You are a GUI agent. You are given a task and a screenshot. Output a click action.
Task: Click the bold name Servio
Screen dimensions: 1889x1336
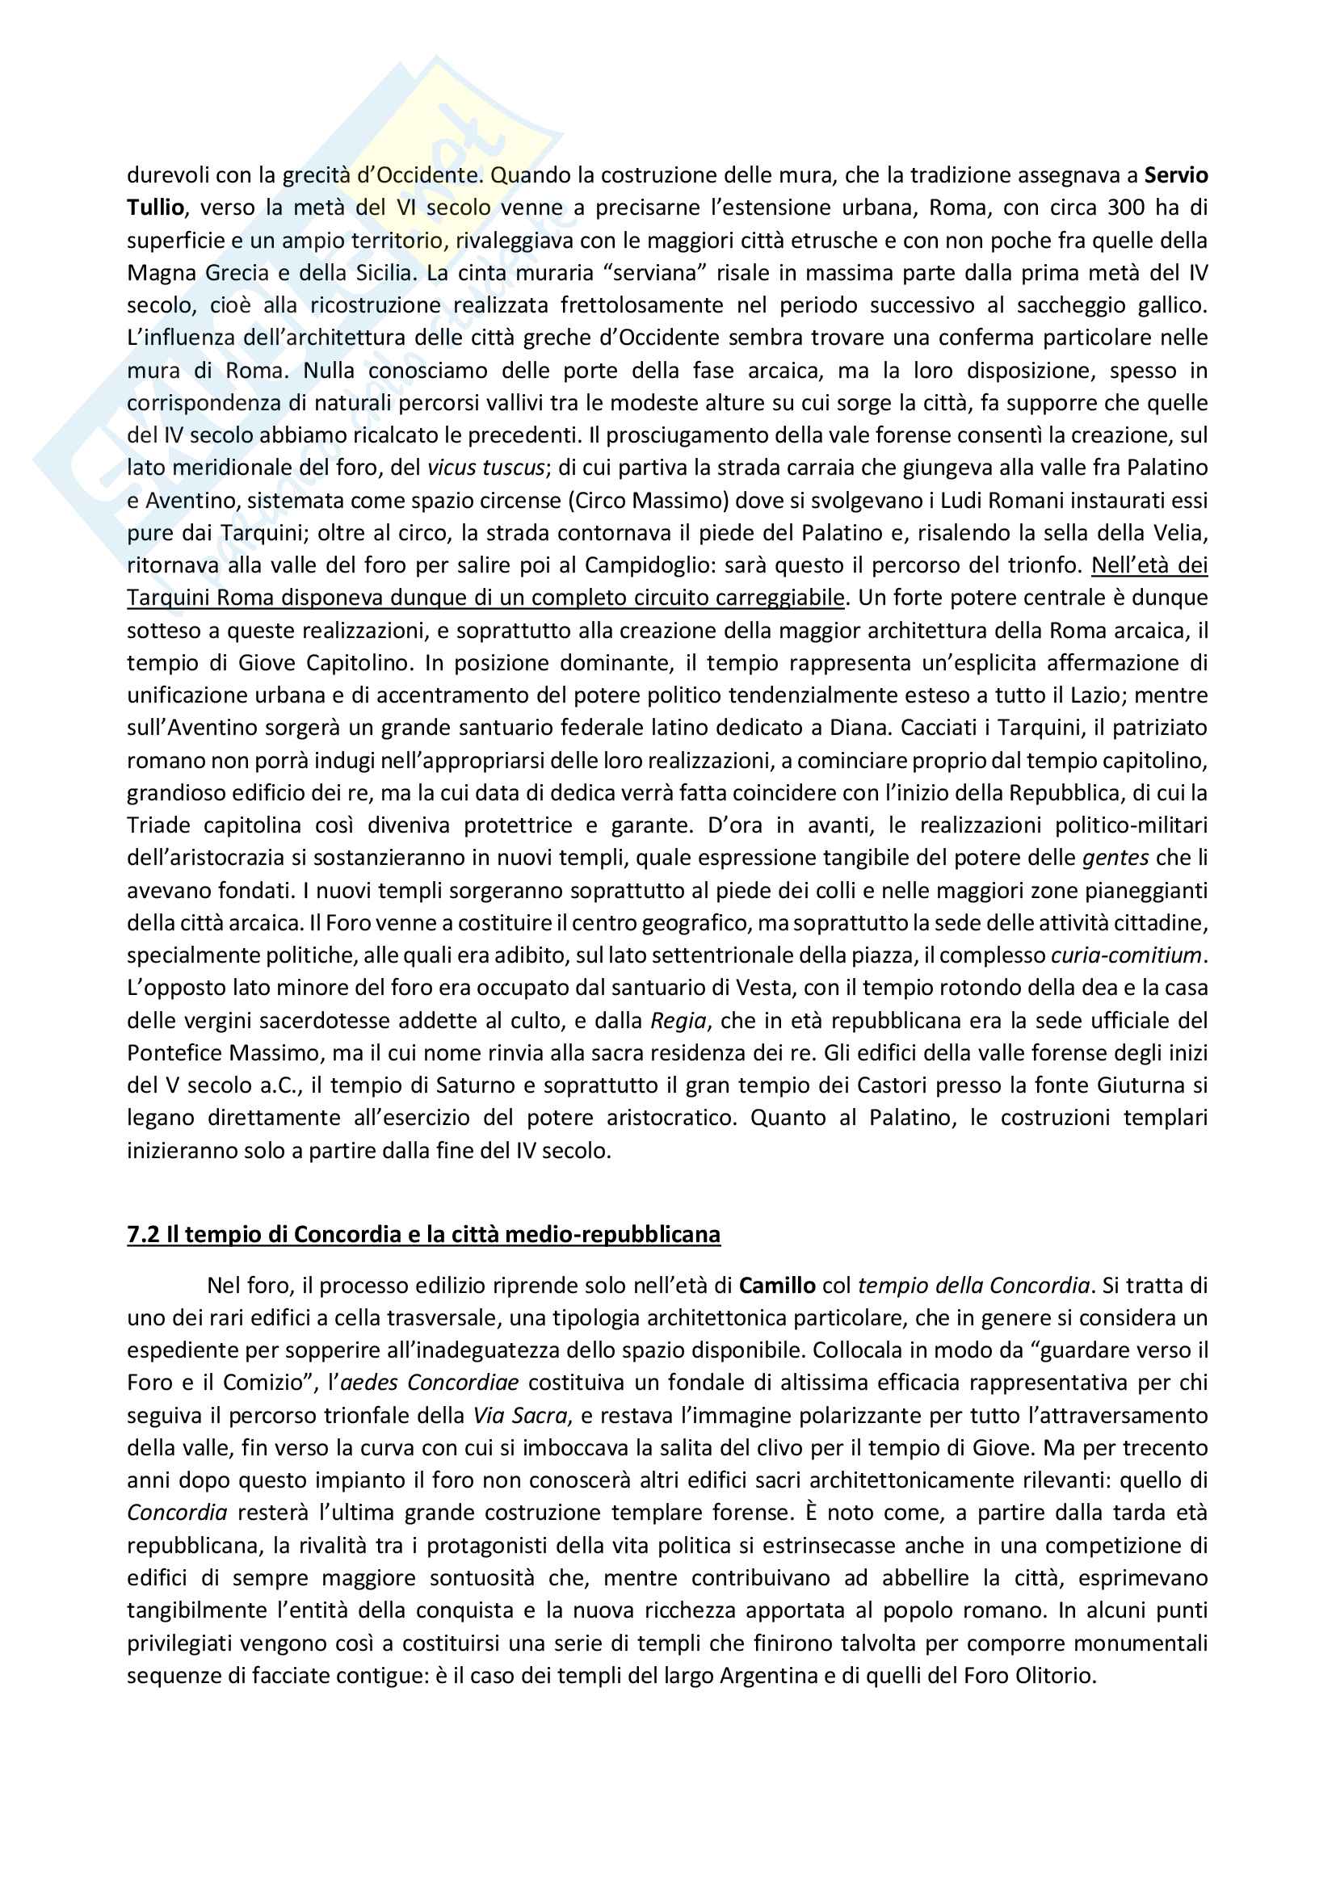click(1175, 175)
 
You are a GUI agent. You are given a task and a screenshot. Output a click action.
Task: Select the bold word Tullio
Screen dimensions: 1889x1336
click(155, 208)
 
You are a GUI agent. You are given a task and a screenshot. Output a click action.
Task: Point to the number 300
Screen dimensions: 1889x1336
click(1125, 208)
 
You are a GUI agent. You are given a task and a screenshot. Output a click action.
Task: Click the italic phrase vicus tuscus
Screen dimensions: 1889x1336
click(485, 468)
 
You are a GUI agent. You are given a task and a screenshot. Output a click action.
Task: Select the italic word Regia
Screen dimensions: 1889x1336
click(678, 1021)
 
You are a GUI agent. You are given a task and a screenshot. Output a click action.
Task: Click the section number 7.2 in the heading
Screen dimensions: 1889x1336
click(143, 1234)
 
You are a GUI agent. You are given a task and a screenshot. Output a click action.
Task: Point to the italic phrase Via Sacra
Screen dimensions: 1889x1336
click(519, 1415)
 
